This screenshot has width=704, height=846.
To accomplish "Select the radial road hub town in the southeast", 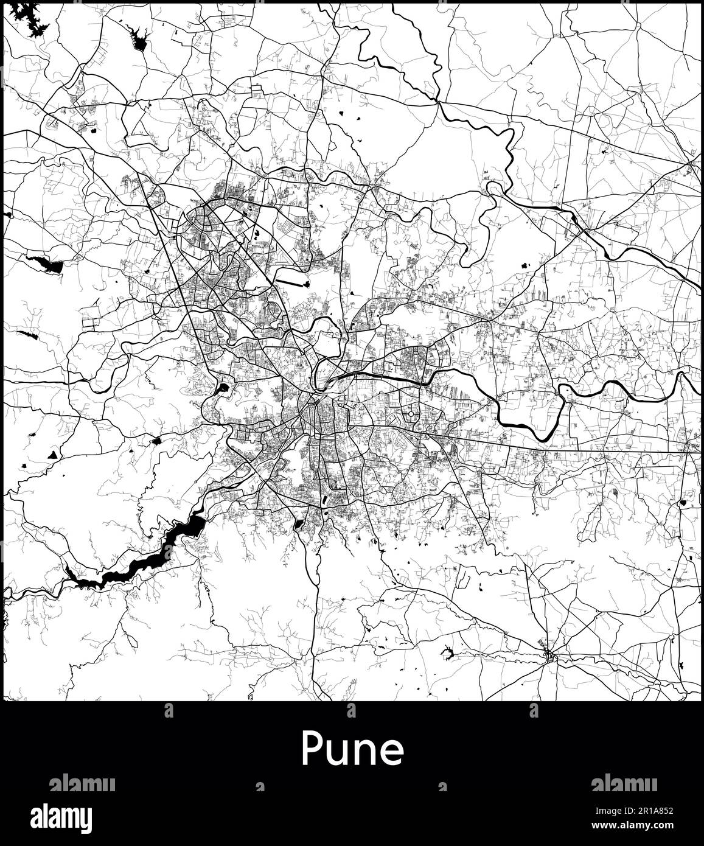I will click(549, 655).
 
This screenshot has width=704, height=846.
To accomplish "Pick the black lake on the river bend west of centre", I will click(223, 386).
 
